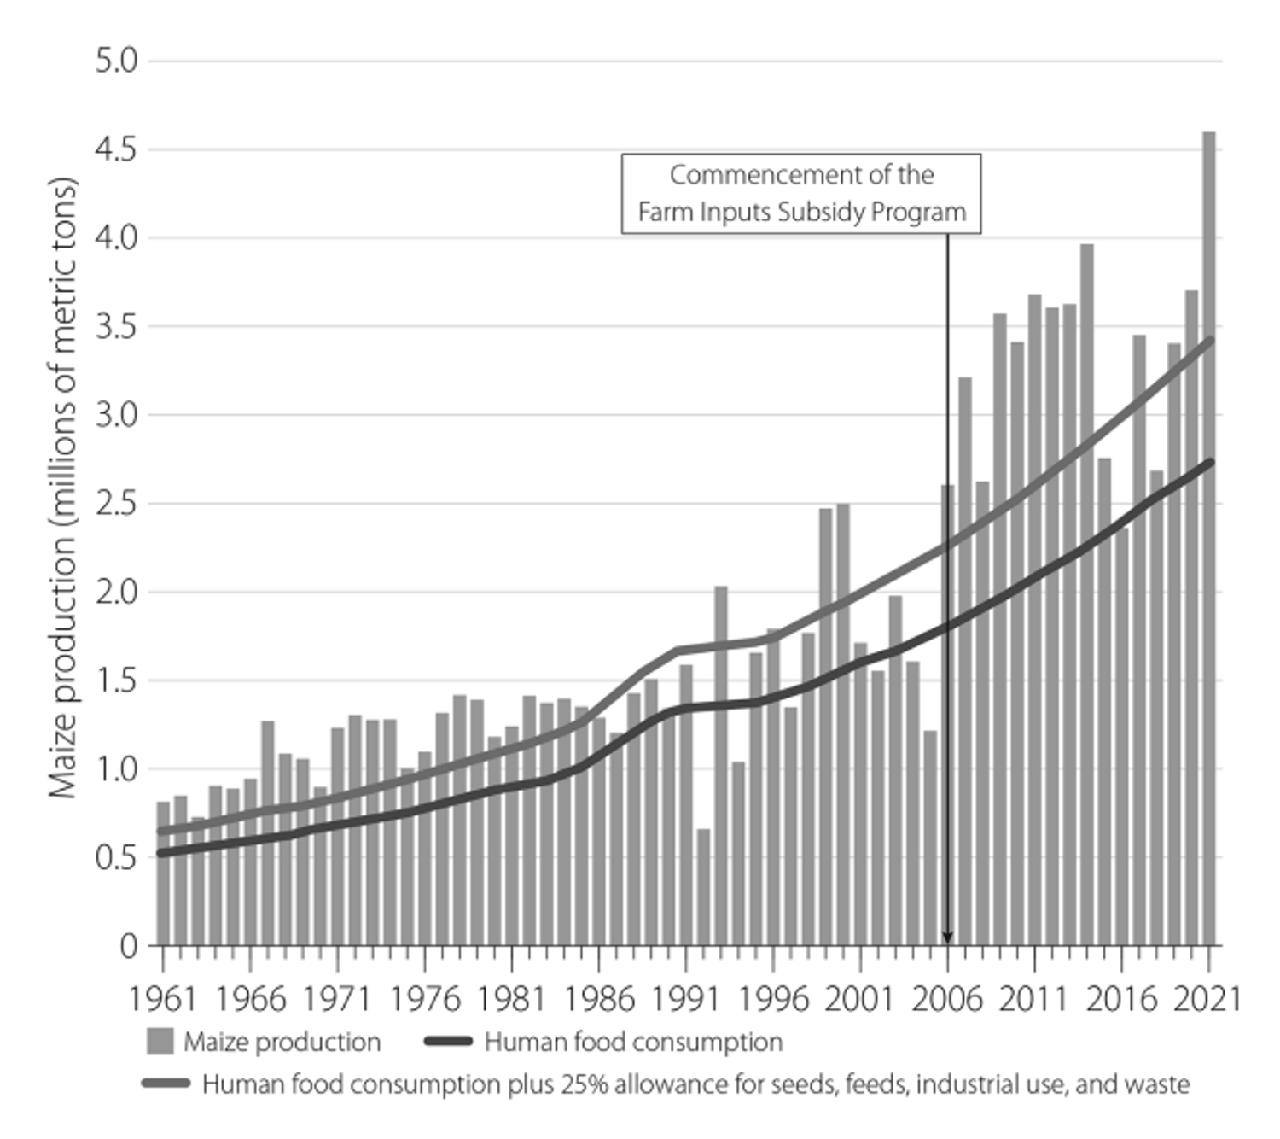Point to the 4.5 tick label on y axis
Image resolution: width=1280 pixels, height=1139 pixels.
pyautogui.click(x=116, y=149)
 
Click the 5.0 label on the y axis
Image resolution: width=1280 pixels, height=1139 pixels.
pyautogui.click(x=116, y=61)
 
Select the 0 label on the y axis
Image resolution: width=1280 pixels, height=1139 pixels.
pyautogui.click(x=127, y=945)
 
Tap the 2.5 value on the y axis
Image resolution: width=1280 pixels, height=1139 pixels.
pyautogui.click(x=116, y=504)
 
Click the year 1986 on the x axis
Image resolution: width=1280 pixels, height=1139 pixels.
pyautogui.click(x=599, y=998)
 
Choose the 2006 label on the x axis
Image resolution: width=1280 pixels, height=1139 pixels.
pyautogui.click(x=946, y=998)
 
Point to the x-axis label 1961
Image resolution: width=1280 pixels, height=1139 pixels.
pyautogui.click(x=162, y=998)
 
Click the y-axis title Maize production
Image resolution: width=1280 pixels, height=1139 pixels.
pyautogui.click(x=62, y=487)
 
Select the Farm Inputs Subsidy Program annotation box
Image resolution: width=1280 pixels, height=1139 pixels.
pyautogui.click(x=800, y=194)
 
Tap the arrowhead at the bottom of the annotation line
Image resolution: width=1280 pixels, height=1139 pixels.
pyautogui.click(x=947, y=937)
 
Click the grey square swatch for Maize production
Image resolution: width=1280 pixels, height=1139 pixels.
pyautogui.click(x=160, y=1042)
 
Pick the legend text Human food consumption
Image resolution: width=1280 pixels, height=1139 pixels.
pyautogui.click(x=633, y=1042)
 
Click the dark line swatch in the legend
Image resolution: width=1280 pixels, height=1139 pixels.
pyautogui.click(x=448, y=1042)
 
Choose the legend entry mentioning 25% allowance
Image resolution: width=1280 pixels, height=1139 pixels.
pyautogui.click(x=695, y=1084)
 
